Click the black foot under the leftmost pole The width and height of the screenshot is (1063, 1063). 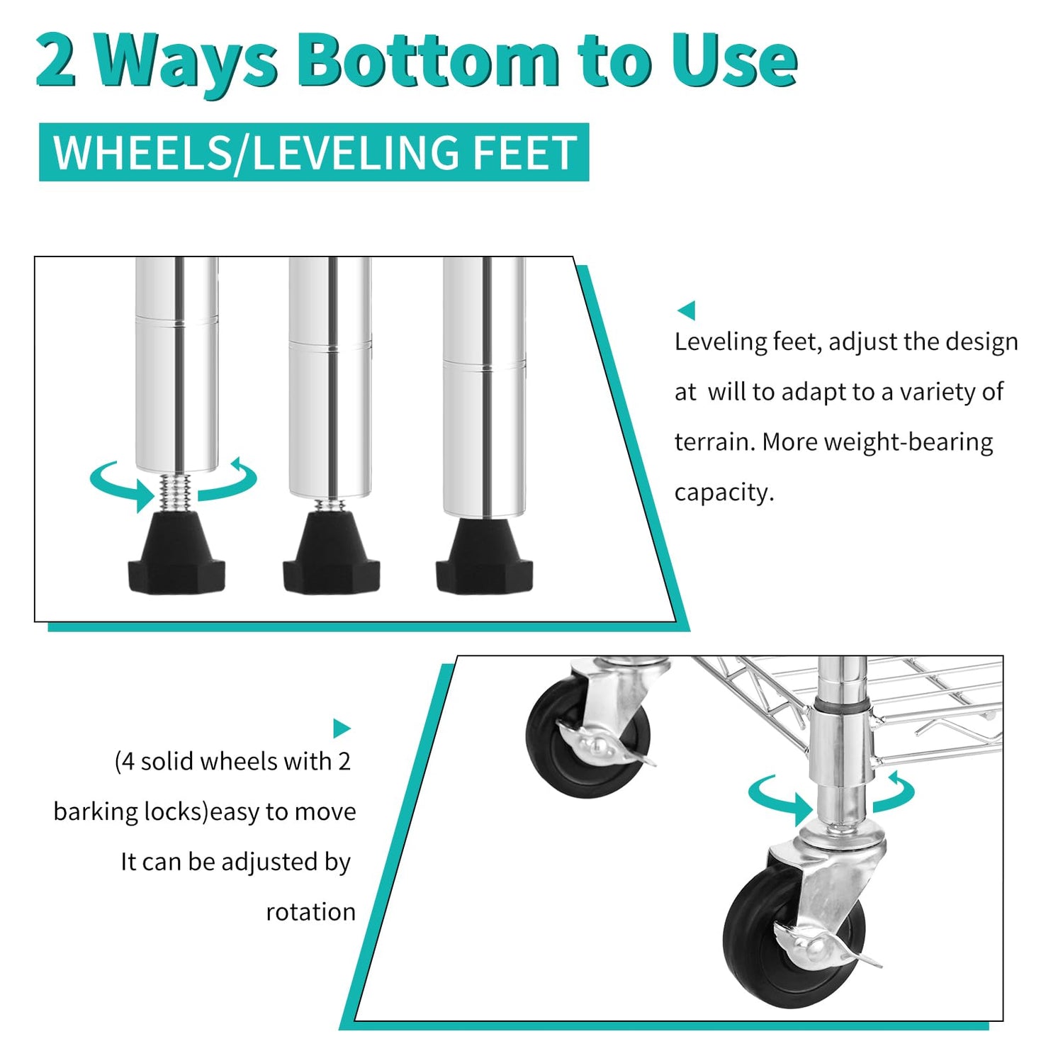point(176,554)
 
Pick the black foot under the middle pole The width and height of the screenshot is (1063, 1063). point(331,553)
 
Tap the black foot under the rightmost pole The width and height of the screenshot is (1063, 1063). point(485,556)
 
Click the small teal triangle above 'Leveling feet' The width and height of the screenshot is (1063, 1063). point(687,310)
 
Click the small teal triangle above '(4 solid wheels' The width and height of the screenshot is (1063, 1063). point(342,728)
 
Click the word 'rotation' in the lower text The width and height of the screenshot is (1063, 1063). point(310,912)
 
